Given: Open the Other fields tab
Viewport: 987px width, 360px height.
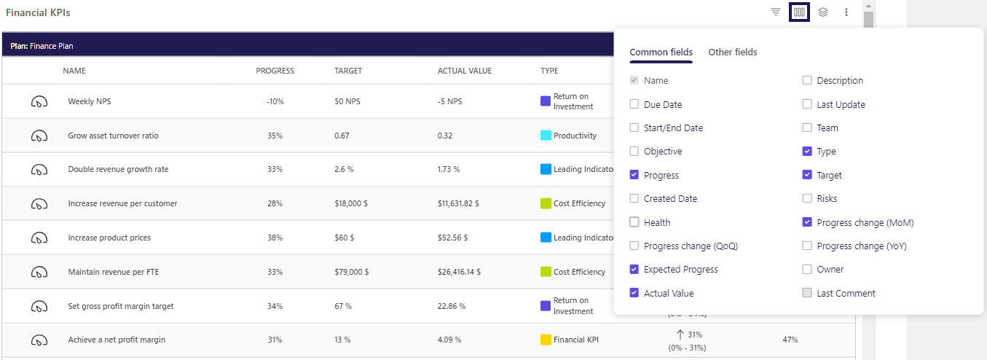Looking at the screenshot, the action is point(732,52).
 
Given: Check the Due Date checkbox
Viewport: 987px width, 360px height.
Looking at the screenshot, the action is point(634,104).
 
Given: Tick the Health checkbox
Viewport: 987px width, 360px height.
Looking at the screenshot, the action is point(634,222).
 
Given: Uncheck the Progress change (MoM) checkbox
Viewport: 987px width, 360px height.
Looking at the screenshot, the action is point(807,222).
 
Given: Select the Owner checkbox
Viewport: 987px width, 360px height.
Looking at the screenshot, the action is point(807,269).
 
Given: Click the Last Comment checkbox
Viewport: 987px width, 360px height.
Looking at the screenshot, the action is point(807,293).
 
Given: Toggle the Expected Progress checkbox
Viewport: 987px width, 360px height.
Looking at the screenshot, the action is point(634,269).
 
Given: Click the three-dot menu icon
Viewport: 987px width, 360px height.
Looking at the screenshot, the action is point(846,12).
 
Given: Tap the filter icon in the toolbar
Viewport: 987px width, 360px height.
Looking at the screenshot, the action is point(776,12).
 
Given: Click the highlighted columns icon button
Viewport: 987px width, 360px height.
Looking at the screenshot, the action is point(799,12).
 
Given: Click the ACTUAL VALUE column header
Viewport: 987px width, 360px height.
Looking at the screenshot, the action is point(465,71).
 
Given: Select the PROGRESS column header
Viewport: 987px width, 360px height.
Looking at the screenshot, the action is point(275,71).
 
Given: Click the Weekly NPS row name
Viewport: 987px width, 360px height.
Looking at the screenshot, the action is point(90,101).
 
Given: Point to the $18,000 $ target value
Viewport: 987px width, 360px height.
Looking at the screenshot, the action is point(351,203).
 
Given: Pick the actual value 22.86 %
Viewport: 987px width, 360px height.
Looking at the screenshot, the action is point(451,306).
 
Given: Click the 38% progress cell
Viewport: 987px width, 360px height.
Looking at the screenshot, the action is point(275,238).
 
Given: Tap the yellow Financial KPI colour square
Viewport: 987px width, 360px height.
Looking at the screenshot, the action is point(546,340).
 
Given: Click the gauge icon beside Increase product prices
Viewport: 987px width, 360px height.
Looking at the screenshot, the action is point(39,238).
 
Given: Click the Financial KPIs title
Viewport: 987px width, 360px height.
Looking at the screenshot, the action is point(38,13).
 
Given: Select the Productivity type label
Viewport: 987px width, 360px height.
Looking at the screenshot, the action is point(575,136).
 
